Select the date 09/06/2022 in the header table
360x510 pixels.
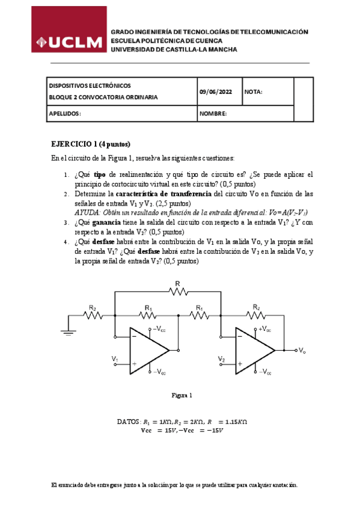coord(215,91)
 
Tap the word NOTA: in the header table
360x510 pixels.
coord(254,91)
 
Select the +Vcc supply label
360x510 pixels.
coord(264,329)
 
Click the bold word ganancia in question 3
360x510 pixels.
coord(106,222)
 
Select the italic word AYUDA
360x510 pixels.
coord(87,212)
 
